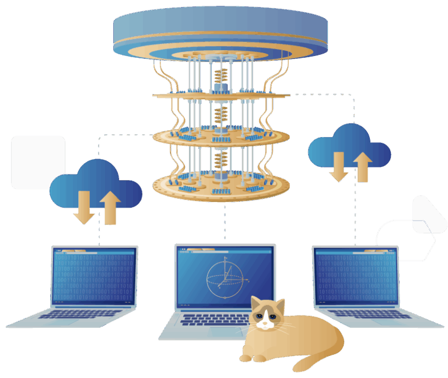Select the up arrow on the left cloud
click(x=110, y=207)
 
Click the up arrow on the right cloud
click(x=362, y=166)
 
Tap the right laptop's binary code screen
click(x=355, y=276)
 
